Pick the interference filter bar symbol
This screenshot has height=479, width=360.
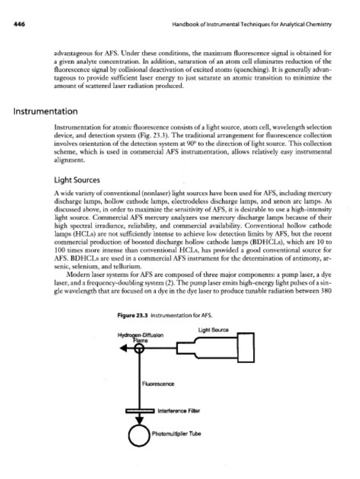point(140,411)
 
